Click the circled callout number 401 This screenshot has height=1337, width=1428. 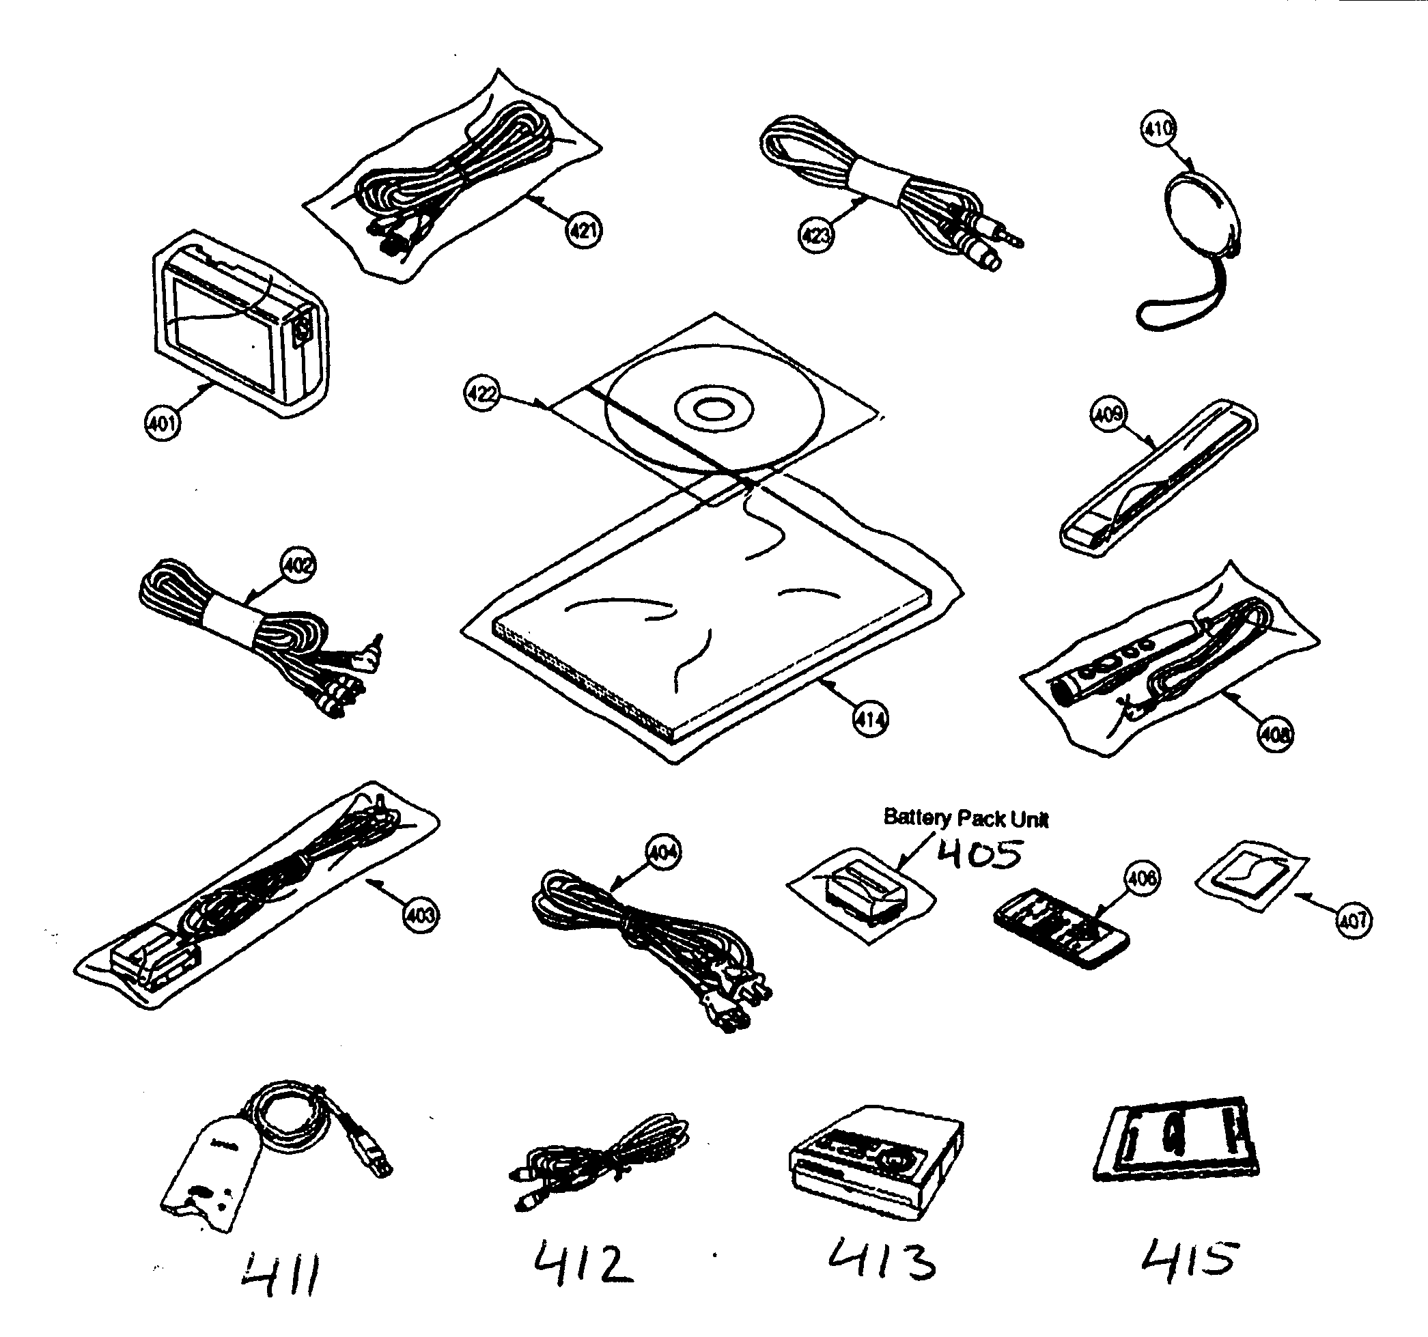163,423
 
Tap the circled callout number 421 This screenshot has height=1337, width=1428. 583,231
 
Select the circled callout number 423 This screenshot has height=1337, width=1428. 816,235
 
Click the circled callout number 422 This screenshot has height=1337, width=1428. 482,394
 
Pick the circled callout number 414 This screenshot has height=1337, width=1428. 870,719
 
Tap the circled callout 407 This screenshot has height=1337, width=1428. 1354,920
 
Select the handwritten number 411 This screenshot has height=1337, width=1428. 280,1276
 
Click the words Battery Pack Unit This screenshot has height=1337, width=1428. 966,819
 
